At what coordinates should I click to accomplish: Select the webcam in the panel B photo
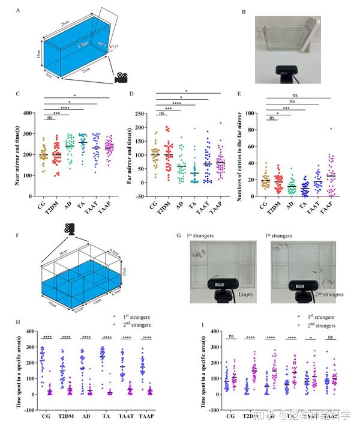(286, 71)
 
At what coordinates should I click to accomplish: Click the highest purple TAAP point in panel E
(330, 129)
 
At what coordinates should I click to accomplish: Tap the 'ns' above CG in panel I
(230, 336)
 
